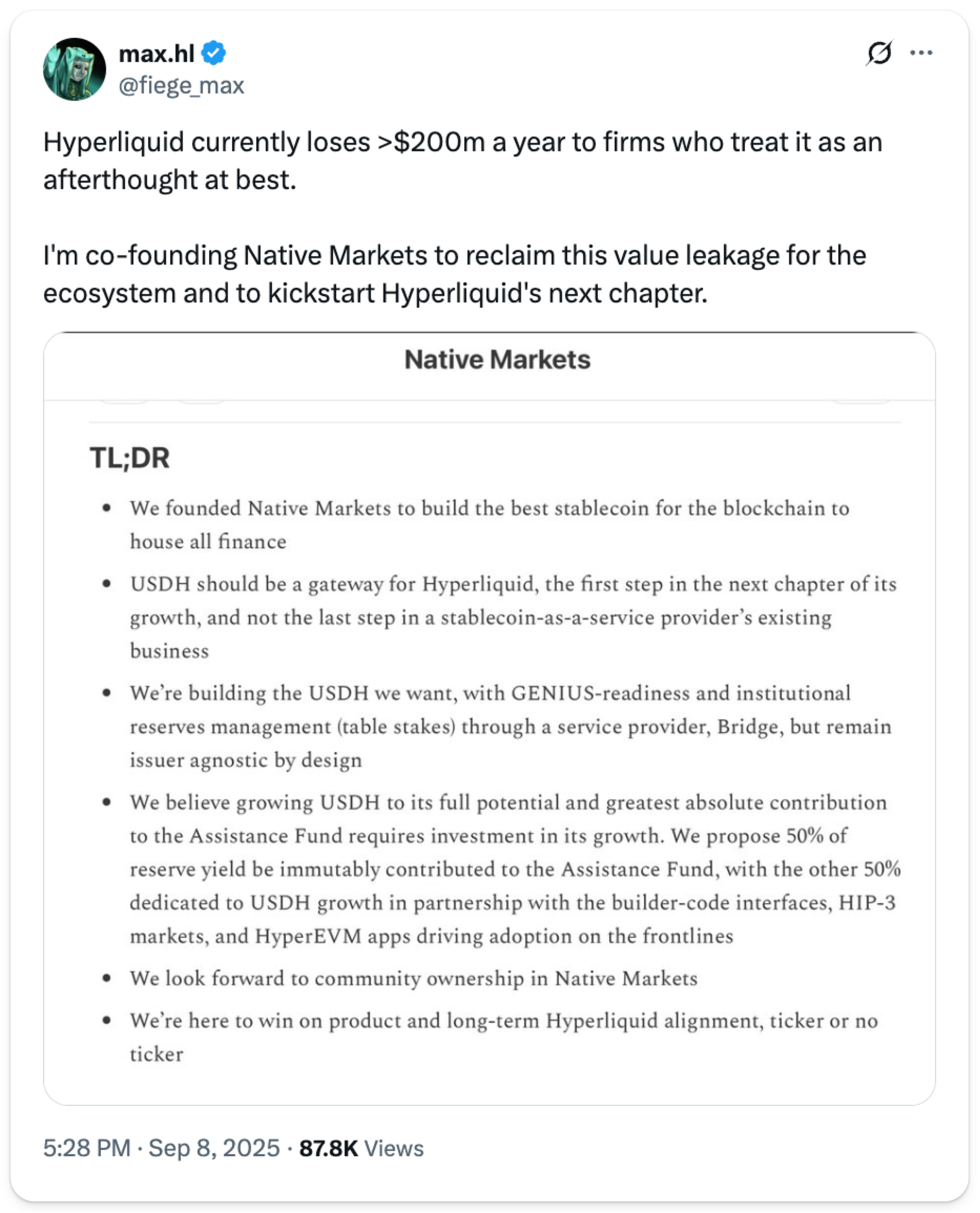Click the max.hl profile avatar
point(75,69)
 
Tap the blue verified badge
point(214,53)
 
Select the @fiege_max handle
point(181,86)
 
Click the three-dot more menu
point(921,53)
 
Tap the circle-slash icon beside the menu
point(879,53)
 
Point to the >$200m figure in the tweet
point(431,142)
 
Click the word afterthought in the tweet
point(120,180)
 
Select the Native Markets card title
point(497,360)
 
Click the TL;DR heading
point(130,458)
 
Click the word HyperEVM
point(308,937)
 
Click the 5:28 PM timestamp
point(87,1148)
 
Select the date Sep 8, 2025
point(214,1148)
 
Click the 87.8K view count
point(329,1148)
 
